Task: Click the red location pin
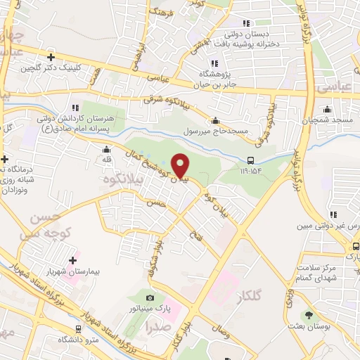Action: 180,165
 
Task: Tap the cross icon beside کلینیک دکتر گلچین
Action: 51,57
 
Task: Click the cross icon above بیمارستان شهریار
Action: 72,260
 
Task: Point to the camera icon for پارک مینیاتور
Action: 150,298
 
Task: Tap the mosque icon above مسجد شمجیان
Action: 328,110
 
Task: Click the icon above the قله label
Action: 106,149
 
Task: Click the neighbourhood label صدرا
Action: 158,326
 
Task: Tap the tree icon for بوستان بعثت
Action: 308,314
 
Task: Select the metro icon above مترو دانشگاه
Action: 77,329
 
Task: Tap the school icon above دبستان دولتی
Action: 246,24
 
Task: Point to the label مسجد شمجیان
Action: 334,120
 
